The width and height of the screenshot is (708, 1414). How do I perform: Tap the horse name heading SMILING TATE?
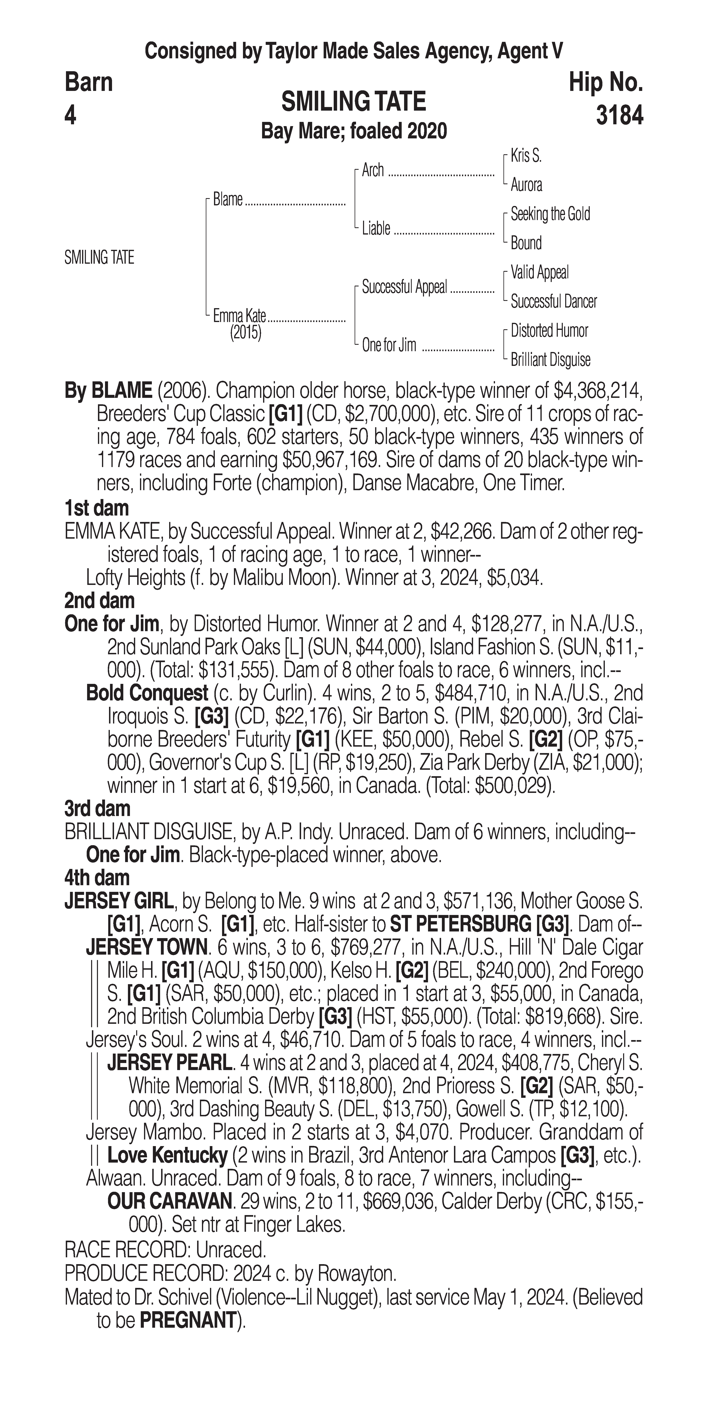(x=353, y=102)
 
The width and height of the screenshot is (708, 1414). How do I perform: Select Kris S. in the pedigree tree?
(x=526, y=156)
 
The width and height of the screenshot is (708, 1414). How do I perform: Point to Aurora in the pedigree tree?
(x=526, y=185)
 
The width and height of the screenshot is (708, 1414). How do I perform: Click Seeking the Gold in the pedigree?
(x=550, y=214)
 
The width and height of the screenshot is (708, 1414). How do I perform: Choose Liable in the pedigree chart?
(x=376, y=228)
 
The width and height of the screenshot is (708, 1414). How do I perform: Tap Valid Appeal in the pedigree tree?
(x=539, y=272)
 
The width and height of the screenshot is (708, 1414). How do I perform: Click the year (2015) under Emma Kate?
(x=245, y=333)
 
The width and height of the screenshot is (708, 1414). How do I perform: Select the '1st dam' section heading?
(x=97, y=508)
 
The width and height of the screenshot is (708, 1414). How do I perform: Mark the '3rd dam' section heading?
(x=97, y=809)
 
